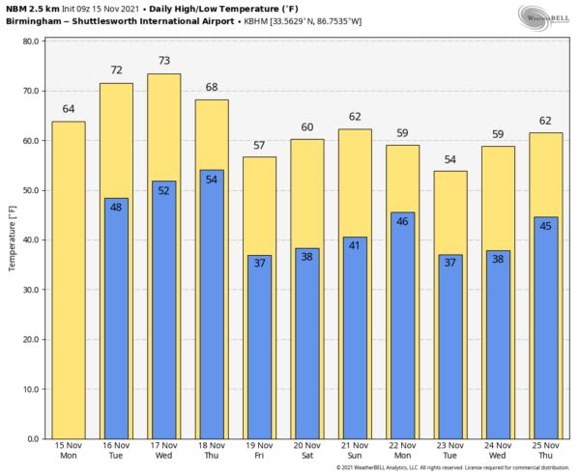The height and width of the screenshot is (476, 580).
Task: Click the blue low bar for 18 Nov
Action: (212, 304)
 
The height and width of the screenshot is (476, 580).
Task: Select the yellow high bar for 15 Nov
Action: (68, 280)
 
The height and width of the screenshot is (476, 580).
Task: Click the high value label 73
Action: (164, 61)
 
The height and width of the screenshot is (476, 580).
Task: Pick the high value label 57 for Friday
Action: (259, 145)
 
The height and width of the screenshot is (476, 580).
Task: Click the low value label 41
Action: (355, 245)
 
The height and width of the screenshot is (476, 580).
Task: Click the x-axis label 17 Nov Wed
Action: (164, 451)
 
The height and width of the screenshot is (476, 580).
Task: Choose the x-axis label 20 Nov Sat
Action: (307, 451)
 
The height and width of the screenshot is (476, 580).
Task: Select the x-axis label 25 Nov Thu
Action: (546, 451)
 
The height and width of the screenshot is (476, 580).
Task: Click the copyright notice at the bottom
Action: (454, 468)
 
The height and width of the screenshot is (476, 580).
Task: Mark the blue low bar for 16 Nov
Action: (116, 319)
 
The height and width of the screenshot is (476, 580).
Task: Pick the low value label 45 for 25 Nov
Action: (546, 226)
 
